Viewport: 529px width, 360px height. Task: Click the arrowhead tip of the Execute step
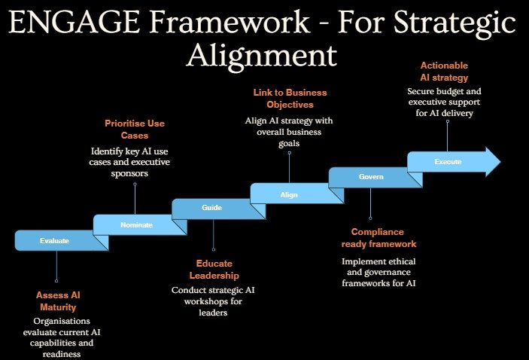click(x=500, y=162)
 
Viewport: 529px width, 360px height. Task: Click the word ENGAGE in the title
click(x=74, y=22)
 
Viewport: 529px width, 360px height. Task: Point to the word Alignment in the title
click(x=262, y=55)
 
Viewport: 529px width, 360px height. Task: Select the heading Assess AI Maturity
click(x=58, y=301)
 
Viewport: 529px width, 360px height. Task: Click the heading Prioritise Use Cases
click(x=135, y=130)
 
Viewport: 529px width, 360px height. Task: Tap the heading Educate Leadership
click(x=214, y=270)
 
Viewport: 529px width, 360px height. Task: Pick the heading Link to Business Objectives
click(x=290, y=98)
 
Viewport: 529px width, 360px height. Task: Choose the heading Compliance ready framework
click(x=379, y=238)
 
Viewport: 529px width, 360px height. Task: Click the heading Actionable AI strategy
click(x=444, y=72)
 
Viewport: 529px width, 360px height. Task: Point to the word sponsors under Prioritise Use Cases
click(x=129, y=173)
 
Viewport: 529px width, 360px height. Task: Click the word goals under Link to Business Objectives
click(x=289, y=144)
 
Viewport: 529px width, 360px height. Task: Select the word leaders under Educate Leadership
click(x=213, y=313)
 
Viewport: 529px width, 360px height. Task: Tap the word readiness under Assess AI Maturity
click(x=62, y=354)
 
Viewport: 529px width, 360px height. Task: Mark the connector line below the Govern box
click(x=370, y=203)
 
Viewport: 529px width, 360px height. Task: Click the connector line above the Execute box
click(x=448, y=136)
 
